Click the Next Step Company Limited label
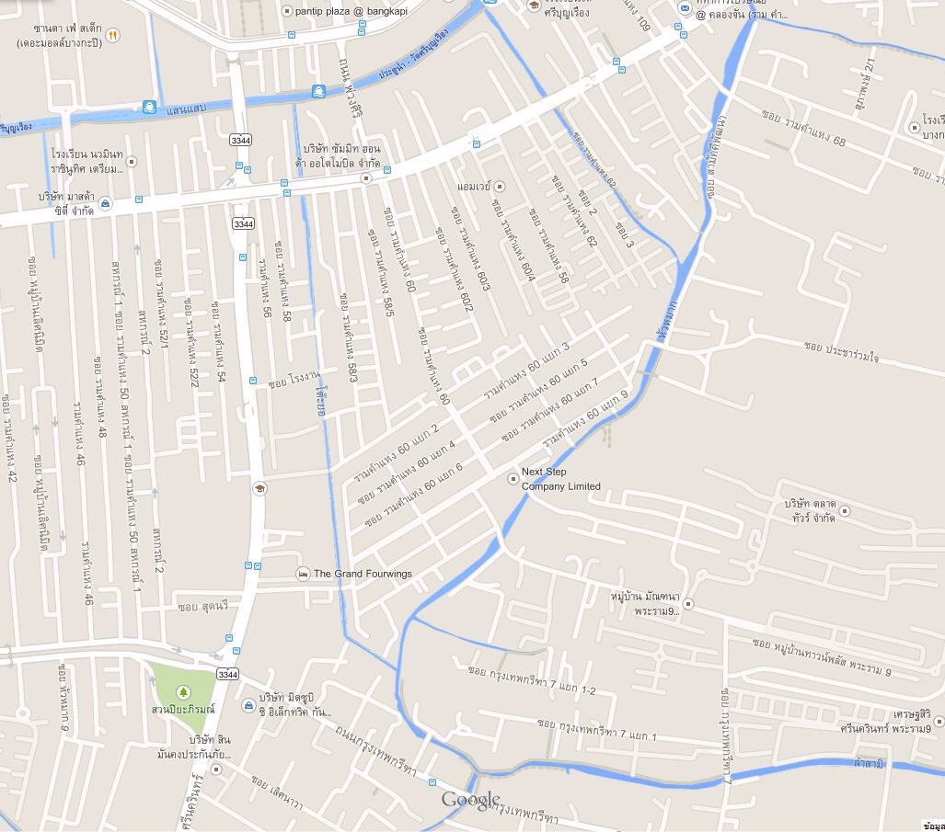pos(560,479)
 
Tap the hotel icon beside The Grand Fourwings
pos(303,574)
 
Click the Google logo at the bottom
pos(471,800)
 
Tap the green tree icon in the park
pos(182,691)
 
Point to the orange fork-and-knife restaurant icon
pos(112,35)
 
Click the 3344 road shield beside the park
pos(227,675)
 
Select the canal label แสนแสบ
pos(187,108)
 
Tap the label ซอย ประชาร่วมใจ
pos(841,351)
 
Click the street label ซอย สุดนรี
pos(202,607)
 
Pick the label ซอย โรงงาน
pos(294,378)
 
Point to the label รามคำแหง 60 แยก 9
pos(584,422)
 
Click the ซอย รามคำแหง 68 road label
pos(803,128)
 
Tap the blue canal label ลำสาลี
pos(869,763)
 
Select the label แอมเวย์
pos(474,187)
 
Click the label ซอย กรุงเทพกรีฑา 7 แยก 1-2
pos(532,680)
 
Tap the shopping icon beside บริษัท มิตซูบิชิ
pos(248,705)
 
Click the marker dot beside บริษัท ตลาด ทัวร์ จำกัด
pos(845,511)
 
